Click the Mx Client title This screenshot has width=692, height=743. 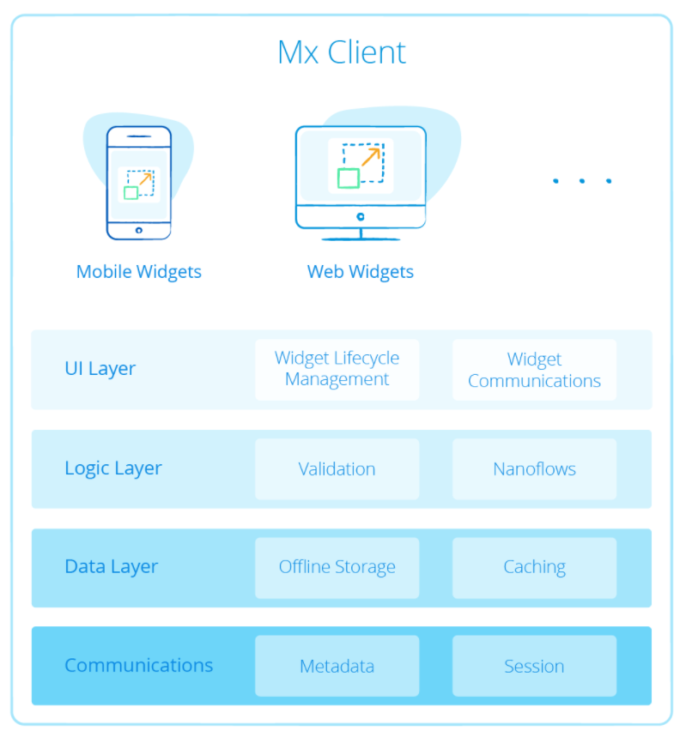pos(342,53)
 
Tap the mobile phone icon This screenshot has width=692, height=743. pos(139,183)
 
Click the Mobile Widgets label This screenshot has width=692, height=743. pos(139,272)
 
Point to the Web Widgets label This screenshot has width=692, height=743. pos(361,272)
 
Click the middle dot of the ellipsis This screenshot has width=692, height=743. pos(582,181)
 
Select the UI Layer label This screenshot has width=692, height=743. pos(100,369)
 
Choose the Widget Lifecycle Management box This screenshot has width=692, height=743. pos(337,369)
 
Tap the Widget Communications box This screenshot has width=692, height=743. pos(534,370)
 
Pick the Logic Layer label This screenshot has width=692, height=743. pos(113,468)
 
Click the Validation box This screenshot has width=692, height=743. pos(337,469)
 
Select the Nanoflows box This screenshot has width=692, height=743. pos(534,469)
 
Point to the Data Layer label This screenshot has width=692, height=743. pos(112,567)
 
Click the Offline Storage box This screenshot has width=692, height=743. pos(337,567)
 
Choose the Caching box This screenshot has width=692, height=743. pos(534,567)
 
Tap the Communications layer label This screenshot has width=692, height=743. pos(139,665)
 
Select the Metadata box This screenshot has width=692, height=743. pos(337,666)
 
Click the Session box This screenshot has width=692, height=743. pos(534,666)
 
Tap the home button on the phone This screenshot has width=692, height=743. pos(139,230)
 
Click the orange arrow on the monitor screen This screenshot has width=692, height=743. pos(371,156)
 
